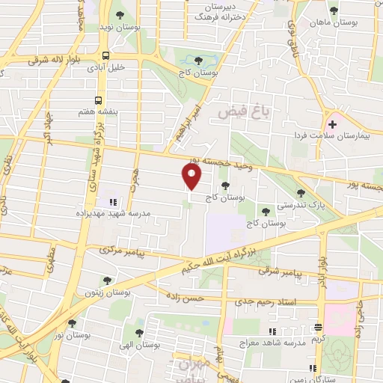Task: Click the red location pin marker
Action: click(192, 177)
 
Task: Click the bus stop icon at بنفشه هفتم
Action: click(98, 99)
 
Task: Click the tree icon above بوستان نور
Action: click(72, 324)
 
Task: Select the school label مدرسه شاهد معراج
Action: click(286, 340)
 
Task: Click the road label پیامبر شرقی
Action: click(283, 275)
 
